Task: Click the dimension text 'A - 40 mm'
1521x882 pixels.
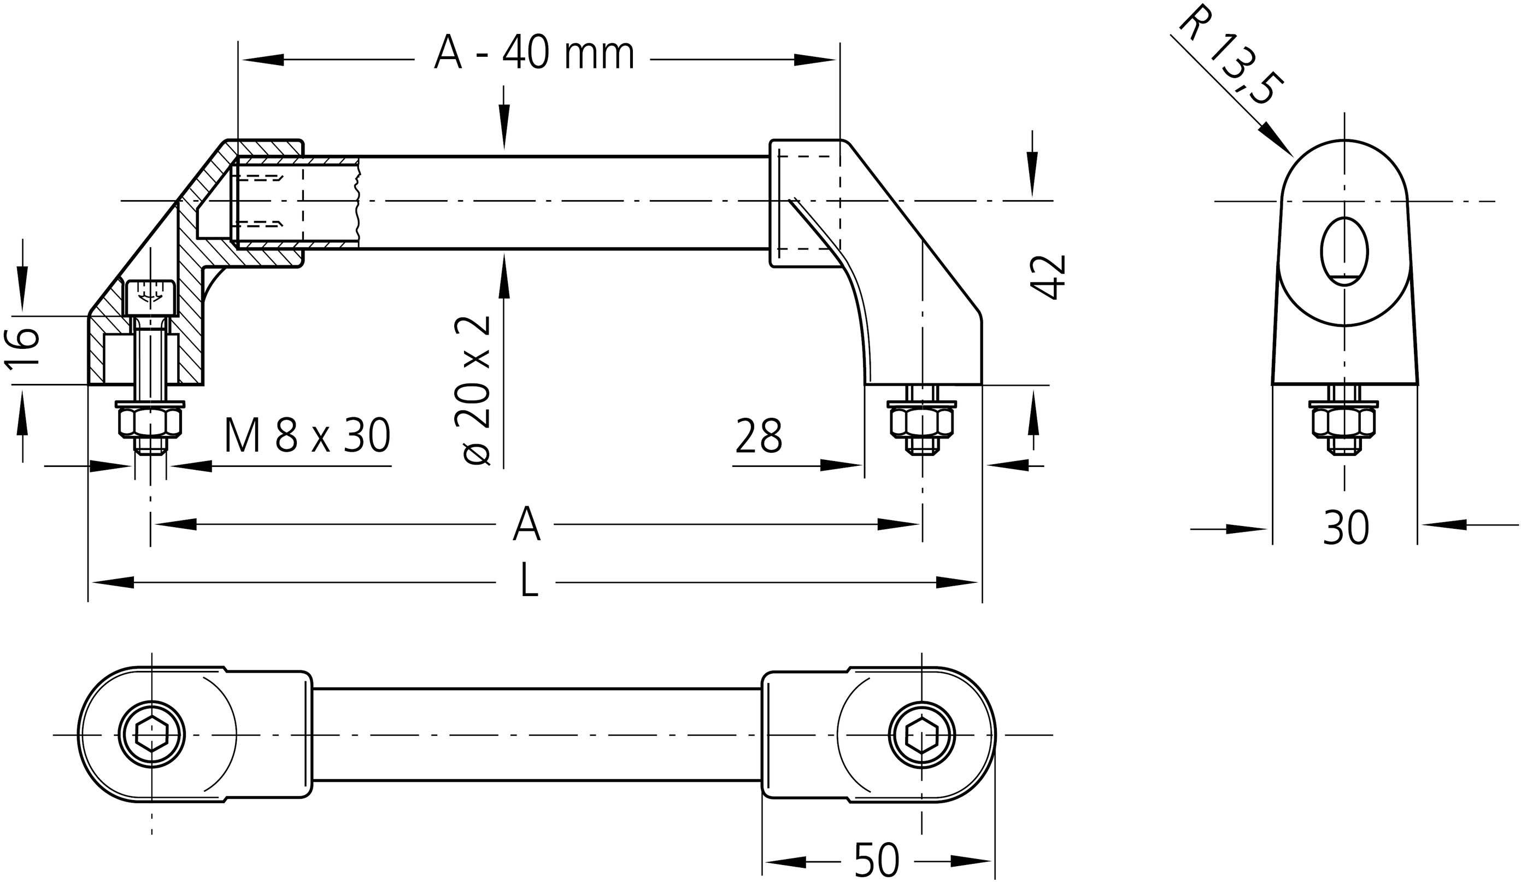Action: [x=533, y=54]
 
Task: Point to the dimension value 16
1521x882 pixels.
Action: [x=23, y=348]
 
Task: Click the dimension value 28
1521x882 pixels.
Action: [x=759, y=436]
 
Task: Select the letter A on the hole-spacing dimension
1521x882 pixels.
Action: [x=526, y=524]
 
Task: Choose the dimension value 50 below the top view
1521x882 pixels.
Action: [x=877, y=860]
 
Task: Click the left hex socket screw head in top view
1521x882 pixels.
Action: [x=151, y=735]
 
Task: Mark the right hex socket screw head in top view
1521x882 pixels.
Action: [x=921, y=735]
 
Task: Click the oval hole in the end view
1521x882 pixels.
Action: [x=1344, y=251]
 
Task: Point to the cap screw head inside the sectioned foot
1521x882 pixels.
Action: [x=150, y=297]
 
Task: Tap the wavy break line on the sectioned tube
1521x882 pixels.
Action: [x=357, y=202]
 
